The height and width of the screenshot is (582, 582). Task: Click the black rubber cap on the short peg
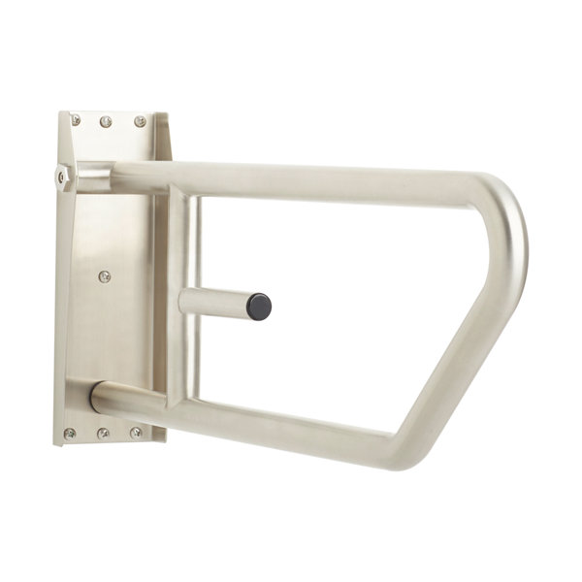tap(259, 307)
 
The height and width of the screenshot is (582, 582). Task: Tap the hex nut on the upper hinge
tap(62, 177)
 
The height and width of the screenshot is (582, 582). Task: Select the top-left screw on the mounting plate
tap(75, 120)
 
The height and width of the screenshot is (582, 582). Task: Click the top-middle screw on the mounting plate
tap(106, 121)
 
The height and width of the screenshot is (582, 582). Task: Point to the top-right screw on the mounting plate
tap(140, 121)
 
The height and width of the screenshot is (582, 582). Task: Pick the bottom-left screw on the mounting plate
tap(70, 433)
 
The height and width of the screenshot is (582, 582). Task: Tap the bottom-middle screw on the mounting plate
tap(103, 433)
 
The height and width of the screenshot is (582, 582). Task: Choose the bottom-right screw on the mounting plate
tap(136, 432)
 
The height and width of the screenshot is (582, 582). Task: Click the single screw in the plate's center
tap(105, 276)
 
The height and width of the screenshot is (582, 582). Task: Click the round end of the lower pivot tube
tap(97, 398)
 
